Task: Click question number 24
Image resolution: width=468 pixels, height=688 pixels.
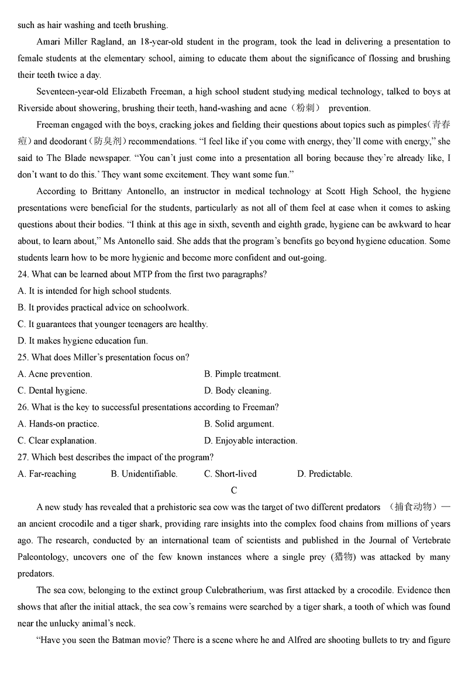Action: coord(23,274)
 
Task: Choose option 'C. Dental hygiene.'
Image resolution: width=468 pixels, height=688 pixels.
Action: coord(53,390)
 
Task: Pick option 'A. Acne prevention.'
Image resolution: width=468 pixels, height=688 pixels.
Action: coord(55,374)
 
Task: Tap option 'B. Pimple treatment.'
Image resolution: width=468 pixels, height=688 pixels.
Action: coord(242,374)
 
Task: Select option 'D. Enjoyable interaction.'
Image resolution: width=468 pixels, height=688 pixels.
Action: coord(250,441)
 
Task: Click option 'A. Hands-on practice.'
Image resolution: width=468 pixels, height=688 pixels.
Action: coord(58,424)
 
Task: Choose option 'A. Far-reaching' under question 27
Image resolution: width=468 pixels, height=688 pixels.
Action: coord(47,474)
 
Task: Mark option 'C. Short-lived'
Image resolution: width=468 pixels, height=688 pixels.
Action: coord(230,474)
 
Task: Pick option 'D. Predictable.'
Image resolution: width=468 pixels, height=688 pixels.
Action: coord(325,474)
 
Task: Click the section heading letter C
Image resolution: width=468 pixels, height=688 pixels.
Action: coord(234,490)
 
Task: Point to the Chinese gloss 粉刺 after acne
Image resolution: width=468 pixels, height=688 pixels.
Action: coord(307,108)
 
